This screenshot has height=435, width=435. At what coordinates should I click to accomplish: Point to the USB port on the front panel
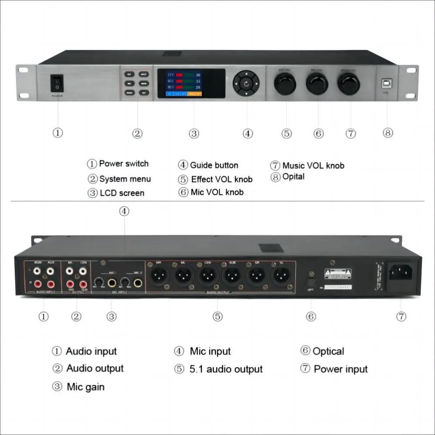[x=386, y=82]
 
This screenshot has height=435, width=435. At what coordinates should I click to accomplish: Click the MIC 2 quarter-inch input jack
[x=138, y=283]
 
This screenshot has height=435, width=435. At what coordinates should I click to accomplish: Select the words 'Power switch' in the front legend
[x=124, y=164]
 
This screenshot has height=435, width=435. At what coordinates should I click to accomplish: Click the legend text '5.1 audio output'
[x=226, y=370]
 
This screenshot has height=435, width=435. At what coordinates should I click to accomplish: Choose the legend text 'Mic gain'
[x=85, y=387]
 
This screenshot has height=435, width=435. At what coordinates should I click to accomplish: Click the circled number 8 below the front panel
[x=388, y=133]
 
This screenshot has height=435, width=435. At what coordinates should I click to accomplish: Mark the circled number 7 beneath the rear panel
[x=401, y=316]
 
